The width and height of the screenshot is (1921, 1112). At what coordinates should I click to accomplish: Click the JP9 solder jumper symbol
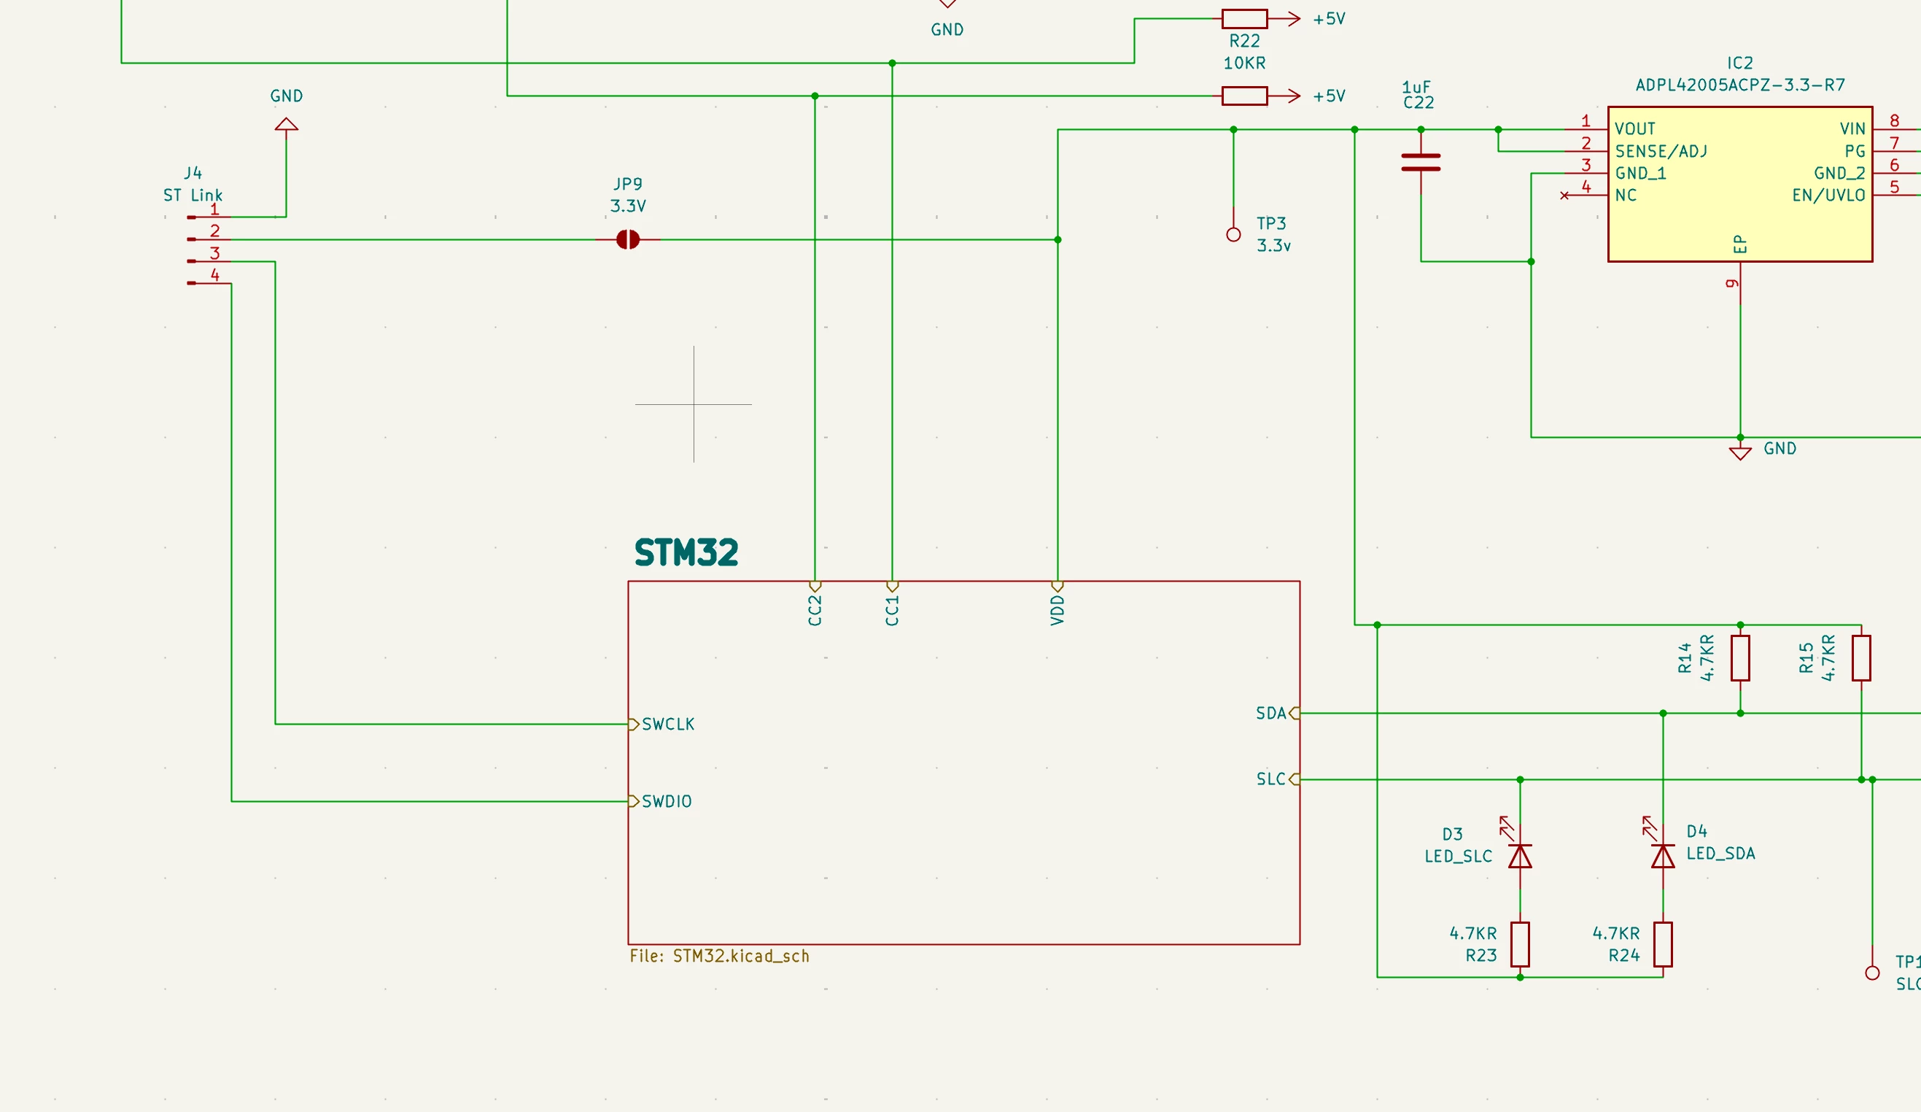point(627,239)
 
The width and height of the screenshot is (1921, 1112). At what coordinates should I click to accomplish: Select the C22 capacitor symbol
point(1421,163)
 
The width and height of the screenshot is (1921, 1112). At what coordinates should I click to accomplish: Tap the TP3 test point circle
point(1233,235)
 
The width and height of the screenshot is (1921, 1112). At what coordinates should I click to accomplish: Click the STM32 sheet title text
point(686,553)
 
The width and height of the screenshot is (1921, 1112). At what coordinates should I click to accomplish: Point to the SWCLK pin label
point(668,724)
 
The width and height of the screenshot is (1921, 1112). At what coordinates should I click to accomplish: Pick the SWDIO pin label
point(667,801)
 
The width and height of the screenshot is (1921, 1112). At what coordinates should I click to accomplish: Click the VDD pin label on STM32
point(1057,611)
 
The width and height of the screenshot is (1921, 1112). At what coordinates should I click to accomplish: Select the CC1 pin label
point(892,611)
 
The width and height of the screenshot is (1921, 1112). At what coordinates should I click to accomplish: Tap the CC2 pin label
point(815,611)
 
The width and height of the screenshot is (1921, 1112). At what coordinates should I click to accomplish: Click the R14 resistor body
point(1740,657)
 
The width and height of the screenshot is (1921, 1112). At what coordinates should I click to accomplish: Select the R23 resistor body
point(1520,944)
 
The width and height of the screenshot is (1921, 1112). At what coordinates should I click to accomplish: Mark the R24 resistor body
point(1663,944)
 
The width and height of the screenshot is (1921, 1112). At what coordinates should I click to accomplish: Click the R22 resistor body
point(1245,19)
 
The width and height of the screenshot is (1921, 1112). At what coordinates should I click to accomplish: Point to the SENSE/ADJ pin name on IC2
point(1661,151)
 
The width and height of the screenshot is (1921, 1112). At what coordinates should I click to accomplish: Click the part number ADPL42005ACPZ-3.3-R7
point(1740,85)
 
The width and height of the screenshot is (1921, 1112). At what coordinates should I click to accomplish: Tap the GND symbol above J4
point(287,123)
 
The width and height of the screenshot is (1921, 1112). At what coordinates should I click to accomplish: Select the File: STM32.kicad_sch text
point(720,956)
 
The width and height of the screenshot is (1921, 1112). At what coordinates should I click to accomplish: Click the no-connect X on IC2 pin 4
point(1564,196)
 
